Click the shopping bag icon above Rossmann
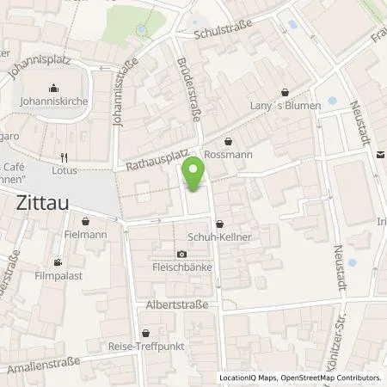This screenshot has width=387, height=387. coord(229,142)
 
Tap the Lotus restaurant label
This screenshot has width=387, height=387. coord(64,170)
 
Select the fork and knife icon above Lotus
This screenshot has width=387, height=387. coord(64,157)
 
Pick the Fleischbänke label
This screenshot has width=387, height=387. coord(181,267)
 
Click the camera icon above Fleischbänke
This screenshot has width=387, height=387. coord(181,254)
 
